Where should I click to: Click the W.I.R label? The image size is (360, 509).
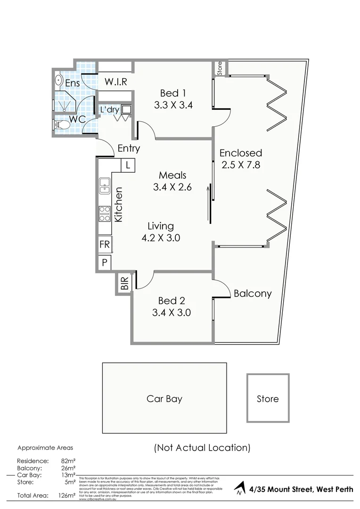(115, 82)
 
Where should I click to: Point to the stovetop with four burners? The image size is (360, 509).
(104, 214)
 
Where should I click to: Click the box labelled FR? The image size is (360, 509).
(104, 245)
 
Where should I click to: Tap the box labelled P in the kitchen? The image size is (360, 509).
(104, 263)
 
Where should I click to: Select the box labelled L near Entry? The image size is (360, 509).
(128, 165)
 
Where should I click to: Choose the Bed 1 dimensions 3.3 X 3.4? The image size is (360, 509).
(173, 105)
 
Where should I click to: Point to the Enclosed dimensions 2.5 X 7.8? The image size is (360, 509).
(240, 165)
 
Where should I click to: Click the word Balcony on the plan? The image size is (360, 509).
(253, 294)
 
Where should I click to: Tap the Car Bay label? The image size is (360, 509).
(164, 399)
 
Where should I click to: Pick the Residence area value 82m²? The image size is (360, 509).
(66, 461)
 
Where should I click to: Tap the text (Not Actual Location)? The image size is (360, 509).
(202, 447)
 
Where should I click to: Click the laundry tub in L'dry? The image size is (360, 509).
(126, 109)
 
